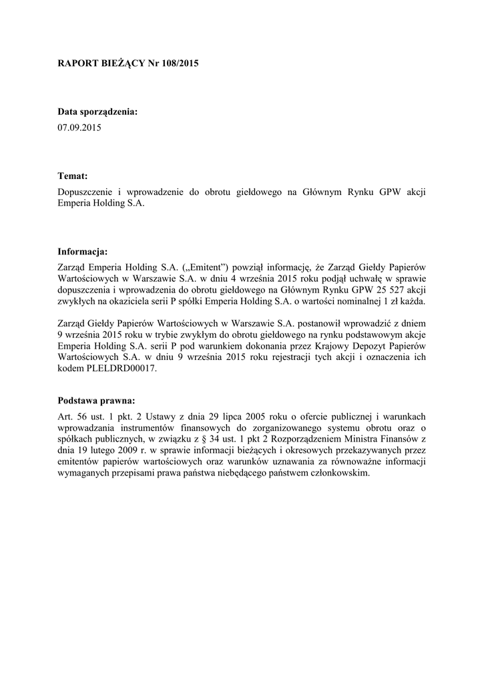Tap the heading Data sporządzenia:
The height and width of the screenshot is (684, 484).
pyautogui.click(x=97, y=112)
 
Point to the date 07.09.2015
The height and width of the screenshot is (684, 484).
pyautogui.click(x=79, y=126)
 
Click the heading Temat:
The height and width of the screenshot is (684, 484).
pyautogui.click(x=73, y=176)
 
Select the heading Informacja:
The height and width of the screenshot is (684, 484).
pyautogui.click(x=83, y=252)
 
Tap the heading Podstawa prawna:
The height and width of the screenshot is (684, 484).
pyautogui.click(x=97, y=401)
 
